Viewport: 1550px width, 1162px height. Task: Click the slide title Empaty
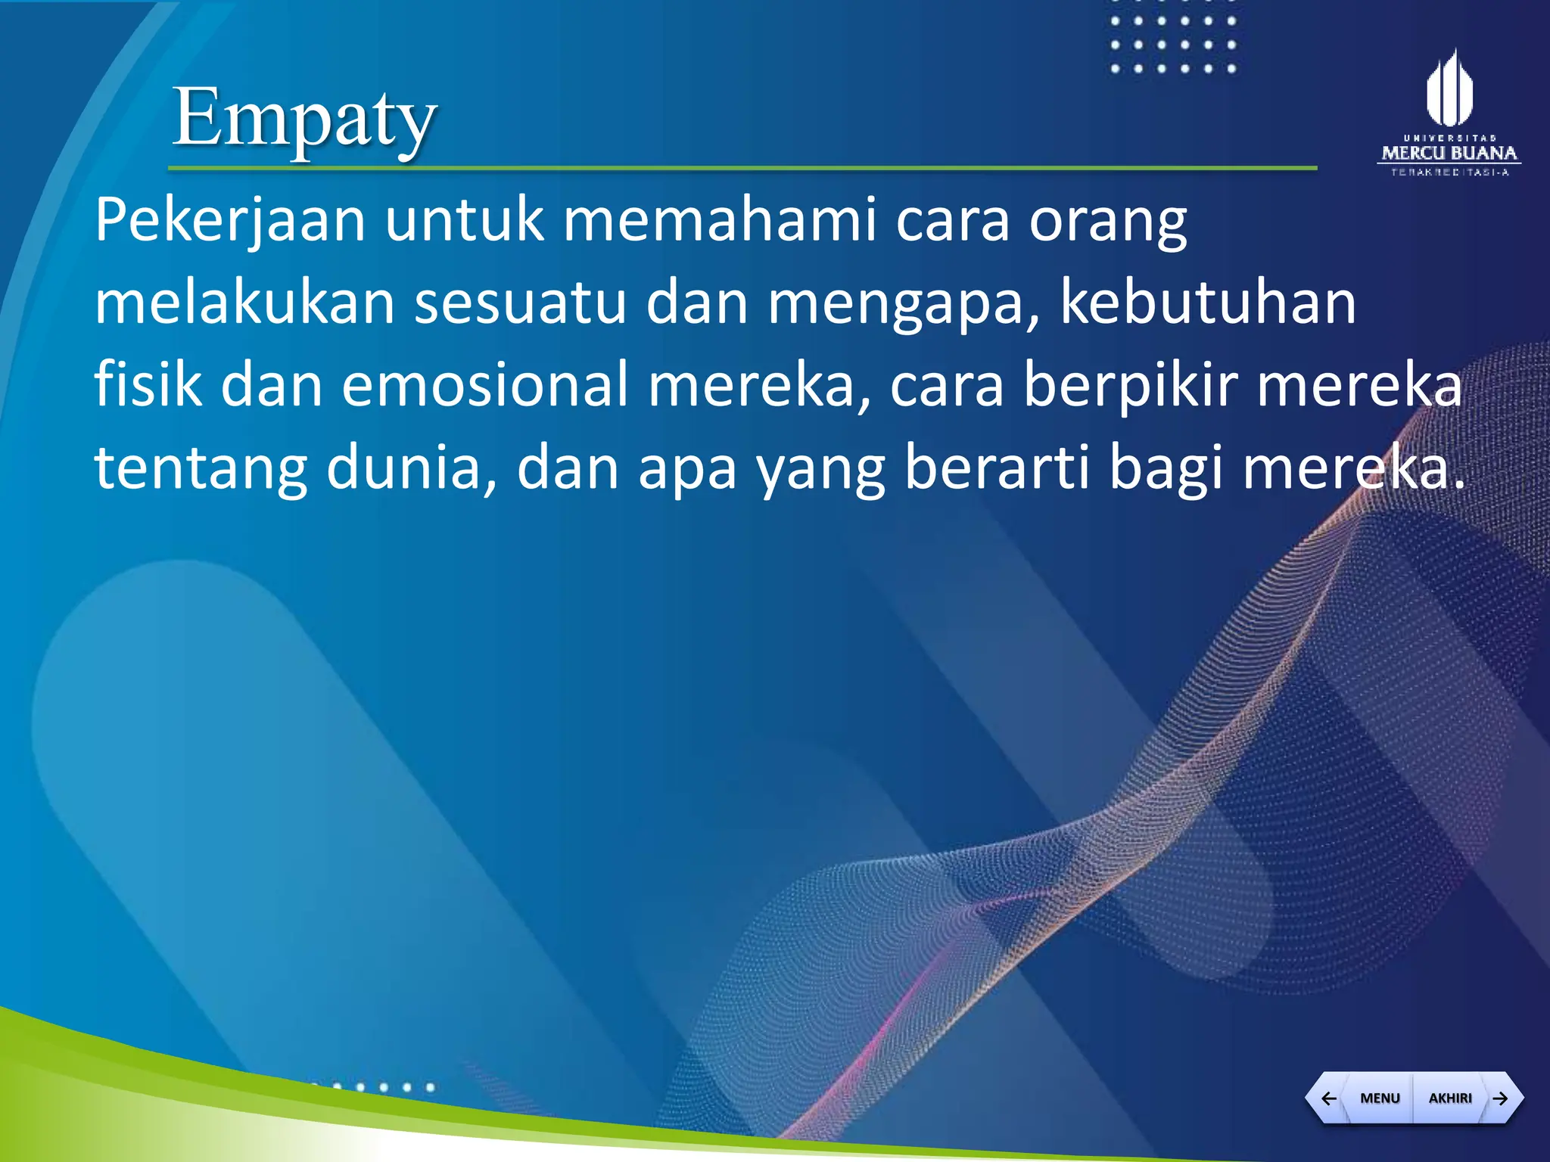click(304, 119)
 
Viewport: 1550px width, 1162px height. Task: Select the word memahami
click(720, 220)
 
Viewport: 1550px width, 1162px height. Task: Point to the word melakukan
click(244, 303)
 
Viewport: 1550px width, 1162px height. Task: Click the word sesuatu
click(521, 303)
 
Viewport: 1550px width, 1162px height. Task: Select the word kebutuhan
click(1208, 303)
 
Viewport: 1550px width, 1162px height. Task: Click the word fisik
click(148, 384)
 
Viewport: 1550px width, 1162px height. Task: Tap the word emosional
click(484, 384)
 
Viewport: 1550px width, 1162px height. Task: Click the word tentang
click(201, 468)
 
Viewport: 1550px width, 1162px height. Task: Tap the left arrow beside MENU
click(1328, 1098)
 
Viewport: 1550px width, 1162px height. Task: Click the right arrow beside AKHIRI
click(1500, 1098)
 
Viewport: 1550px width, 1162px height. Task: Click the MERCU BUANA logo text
click(1449, 153)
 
